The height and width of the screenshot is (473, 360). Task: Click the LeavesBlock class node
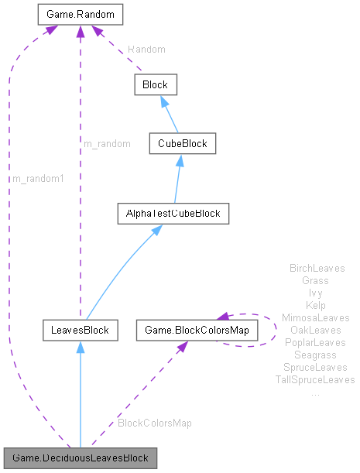click(x=80, y=331)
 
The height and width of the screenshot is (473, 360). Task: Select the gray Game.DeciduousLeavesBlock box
click(x=81, y=458)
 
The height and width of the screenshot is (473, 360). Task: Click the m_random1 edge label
click(x=38, y=179)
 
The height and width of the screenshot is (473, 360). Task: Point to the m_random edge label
click(x=108, y=143)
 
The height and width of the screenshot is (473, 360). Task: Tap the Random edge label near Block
click(x=146, y=49)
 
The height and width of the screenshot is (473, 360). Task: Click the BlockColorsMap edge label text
click(x=155, y=423)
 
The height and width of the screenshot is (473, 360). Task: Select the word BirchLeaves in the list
click(x=317, y=268)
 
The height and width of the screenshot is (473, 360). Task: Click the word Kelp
click(x=316, y=305)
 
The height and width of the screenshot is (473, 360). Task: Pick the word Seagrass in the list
click(x=315, y=355)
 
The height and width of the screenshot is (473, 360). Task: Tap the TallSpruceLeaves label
click(x=315, y=379)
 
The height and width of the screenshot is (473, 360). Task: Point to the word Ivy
click(x=315, y=293)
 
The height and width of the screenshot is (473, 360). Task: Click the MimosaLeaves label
click(x=315, y=317)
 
